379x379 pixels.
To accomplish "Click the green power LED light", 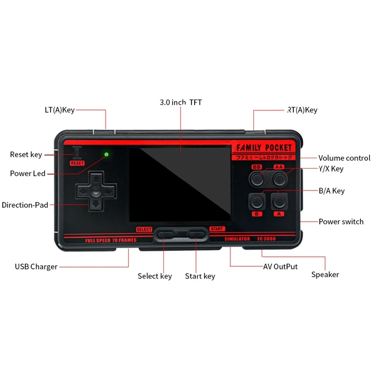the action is click(107, 154).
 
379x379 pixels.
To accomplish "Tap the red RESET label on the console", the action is click(77, 163).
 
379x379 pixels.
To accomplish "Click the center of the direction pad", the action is click(96, 192).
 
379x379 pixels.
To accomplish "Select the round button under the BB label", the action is click(257, 179).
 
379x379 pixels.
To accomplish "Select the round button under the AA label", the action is click(280, 179).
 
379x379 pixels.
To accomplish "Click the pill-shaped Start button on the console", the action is click(195, 234).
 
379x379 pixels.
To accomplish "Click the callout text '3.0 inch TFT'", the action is click(180, 102).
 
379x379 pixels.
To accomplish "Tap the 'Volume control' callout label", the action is click(344, 158).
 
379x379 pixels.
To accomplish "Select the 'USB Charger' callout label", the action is click(36, 267).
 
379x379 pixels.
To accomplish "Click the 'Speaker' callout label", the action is click(325, 275).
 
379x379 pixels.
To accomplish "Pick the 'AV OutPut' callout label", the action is click(280, 267).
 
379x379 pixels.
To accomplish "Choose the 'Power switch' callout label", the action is click(341, 221).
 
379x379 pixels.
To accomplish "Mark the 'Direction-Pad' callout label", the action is click(25, 205).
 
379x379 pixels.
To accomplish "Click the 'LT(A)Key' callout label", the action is click(56, 110).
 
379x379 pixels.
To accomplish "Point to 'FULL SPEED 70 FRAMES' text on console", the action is click(110, 240).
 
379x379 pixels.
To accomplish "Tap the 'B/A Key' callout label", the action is click(332, 191).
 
